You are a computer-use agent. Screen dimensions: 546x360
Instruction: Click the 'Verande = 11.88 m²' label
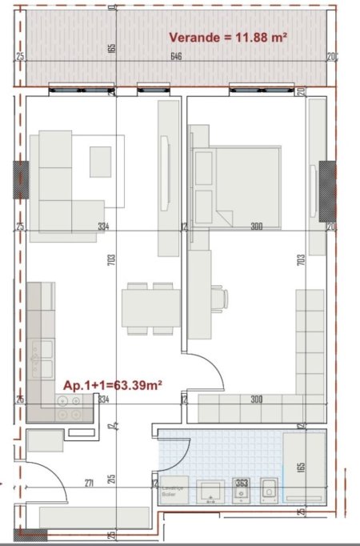(x=227, y=37)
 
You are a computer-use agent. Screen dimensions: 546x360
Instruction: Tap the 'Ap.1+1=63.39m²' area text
(x=113, y=385)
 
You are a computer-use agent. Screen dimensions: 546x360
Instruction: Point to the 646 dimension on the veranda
(x=174, y=57)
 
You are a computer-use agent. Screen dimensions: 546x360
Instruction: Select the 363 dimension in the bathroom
(x=241, y=482)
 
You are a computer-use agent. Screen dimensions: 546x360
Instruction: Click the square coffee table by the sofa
(x=100, y=162)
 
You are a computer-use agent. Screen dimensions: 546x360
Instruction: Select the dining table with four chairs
(x=148, y=308)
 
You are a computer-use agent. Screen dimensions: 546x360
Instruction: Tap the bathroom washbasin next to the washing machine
(x=211, y=491)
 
